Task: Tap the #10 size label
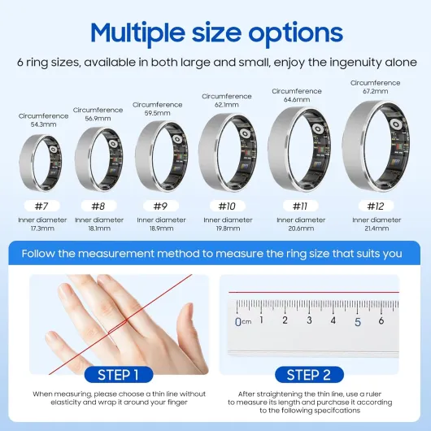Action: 226,206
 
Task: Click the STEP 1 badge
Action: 118,375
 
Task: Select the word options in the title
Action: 295,35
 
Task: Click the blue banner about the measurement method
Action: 215,253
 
